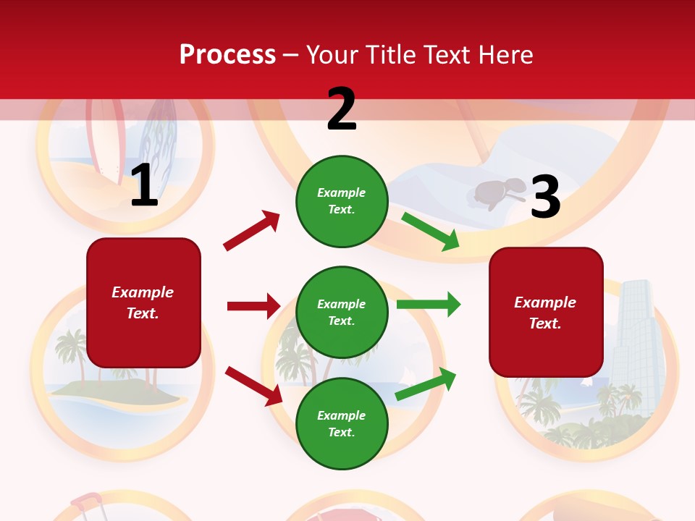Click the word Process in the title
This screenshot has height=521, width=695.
(x=227, y=55)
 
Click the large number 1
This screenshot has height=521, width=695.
(x=144, y=186)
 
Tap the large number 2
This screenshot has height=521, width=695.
(x=342, y=110)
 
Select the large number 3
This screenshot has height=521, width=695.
(x=545, y=198)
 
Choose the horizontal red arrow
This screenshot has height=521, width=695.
(x=253, y=306)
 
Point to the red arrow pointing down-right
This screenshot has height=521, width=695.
(x=254, y=386)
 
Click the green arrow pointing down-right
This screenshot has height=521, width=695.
(x=431, y=232)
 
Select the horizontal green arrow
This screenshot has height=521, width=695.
(x=429, y=305)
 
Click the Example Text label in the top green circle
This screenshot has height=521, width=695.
(x=342, y=201)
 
